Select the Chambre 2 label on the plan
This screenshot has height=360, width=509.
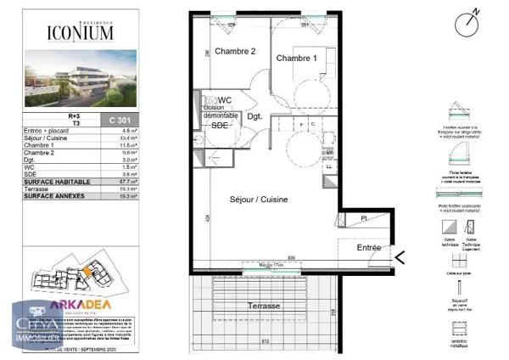pyautogui.click(x=235, y=51)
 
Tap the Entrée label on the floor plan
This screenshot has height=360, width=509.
pyautogui.click(x=368, y=248)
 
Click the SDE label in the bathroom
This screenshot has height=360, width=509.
pyautogui.click(x=220, y=124)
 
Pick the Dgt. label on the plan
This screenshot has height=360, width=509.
pyautogui.click(x=255, y=116)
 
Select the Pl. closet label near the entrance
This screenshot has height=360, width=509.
pyautogui.click(x=364, y=218)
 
